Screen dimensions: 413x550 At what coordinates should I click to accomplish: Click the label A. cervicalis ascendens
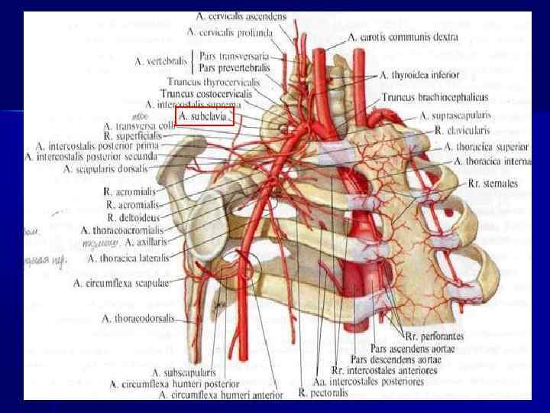pyautogui.click(x=241, y=15)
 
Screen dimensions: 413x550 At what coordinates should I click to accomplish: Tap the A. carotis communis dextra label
pyautogui.click(x=403, y=36)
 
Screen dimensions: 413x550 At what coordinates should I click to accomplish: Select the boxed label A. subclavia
pyautogui.click(x=207, y=115)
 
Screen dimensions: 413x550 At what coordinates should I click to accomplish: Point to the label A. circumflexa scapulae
pyautogui.click(x=121, y=283)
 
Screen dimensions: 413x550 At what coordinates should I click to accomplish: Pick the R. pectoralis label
pyautogui.click(x=303, y=395)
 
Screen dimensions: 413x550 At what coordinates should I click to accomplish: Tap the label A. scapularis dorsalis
pyautogui.click(x=111, y=169)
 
